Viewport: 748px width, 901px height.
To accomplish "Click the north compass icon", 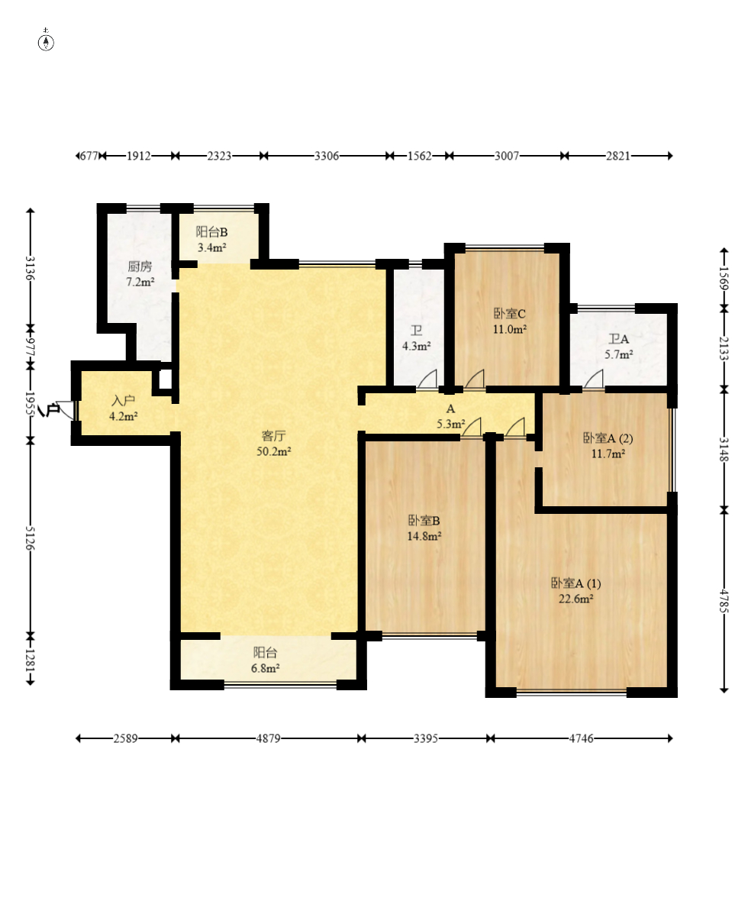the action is click(46, 42).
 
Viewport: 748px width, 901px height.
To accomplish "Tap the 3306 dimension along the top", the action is click(327, 156).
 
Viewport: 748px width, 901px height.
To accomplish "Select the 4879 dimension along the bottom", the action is click(269, 738).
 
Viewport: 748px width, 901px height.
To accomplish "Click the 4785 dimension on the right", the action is click(724, 601).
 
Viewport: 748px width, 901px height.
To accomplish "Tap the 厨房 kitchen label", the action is click(140, 266).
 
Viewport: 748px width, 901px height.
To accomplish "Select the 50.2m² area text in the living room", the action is click(273, 452).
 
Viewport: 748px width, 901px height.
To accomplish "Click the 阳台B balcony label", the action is click(212, 231).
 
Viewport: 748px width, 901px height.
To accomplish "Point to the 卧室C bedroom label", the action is click(510, 314).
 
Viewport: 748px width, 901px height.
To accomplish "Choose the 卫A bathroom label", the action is click(619, 339).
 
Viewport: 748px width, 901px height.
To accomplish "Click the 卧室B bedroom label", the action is click(424, 521).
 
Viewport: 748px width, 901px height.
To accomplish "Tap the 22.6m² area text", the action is click(576, 599).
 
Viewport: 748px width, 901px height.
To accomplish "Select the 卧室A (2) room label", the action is click(608, 438).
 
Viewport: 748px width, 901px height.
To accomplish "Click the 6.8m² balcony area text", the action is click(266, 668).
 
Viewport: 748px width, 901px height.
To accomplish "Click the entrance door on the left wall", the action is click(66, 410).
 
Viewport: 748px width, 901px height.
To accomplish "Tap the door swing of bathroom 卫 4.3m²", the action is click(427, 379).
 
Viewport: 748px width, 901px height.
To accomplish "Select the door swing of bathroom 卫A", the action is click(594, 379).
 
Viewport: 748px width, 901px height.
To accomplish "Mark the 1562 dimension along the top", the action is click(419, 156).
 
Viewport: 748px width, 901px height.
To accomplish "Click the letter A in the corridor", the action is click(450, 409).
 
